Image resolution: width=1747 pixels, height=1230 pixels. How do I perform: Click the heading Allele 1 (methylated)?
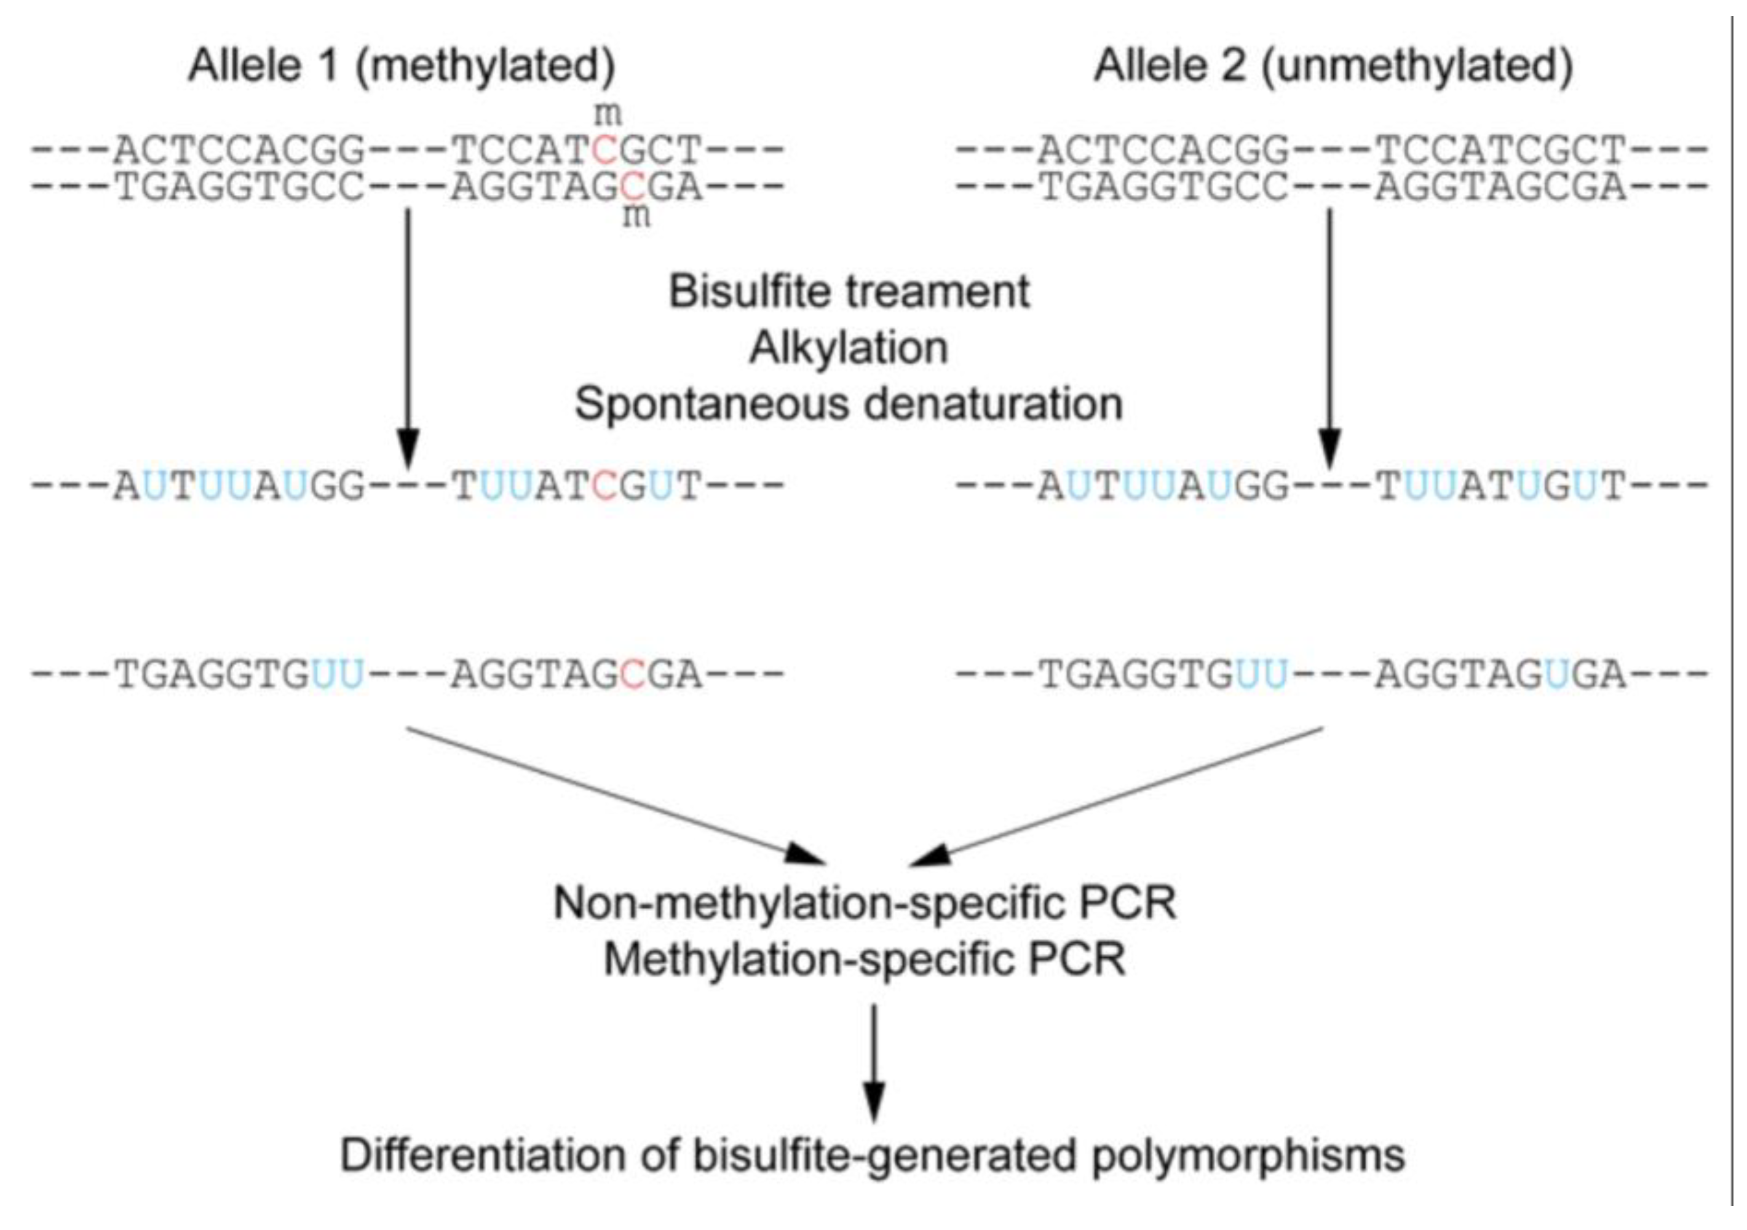click(401, 66)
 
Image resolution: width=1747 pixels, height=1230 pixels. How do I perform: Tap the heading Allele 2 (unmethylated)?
click(1333, 66)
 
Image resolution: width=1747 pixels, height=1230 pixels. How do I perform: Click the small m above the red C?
click(607, 115)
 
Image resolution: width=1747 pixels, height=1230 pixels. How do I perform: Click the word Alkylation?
click(849, 349)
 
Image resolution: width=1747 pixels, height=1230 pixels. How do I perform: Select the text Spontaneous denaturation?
click(849, 404)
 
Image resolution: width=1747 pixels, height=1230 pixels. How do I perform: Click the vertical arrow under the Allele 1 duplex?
click(408, 334)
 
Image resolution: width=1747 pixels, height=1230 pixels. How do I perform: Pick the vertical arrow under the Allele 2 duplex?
click(1329, 334)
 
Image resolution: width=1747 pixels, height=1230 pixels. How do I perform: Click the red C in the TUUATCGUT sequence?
click(605, 486)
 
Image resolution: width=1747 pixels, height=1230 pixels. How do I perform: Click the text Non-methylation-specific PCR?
click(865, 904)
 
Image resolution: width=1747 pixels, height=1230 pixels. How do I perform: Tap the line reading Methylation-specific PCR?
click(865, 960)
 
